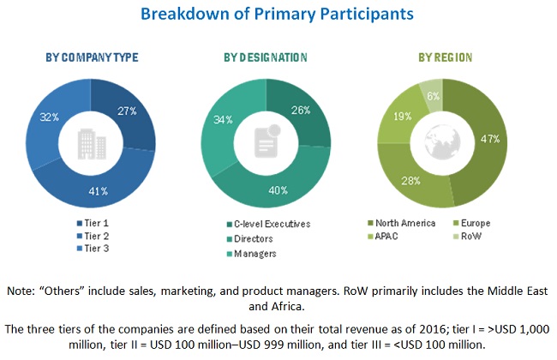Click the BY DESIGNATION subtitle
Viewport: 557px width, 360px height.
coord(267,57)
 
